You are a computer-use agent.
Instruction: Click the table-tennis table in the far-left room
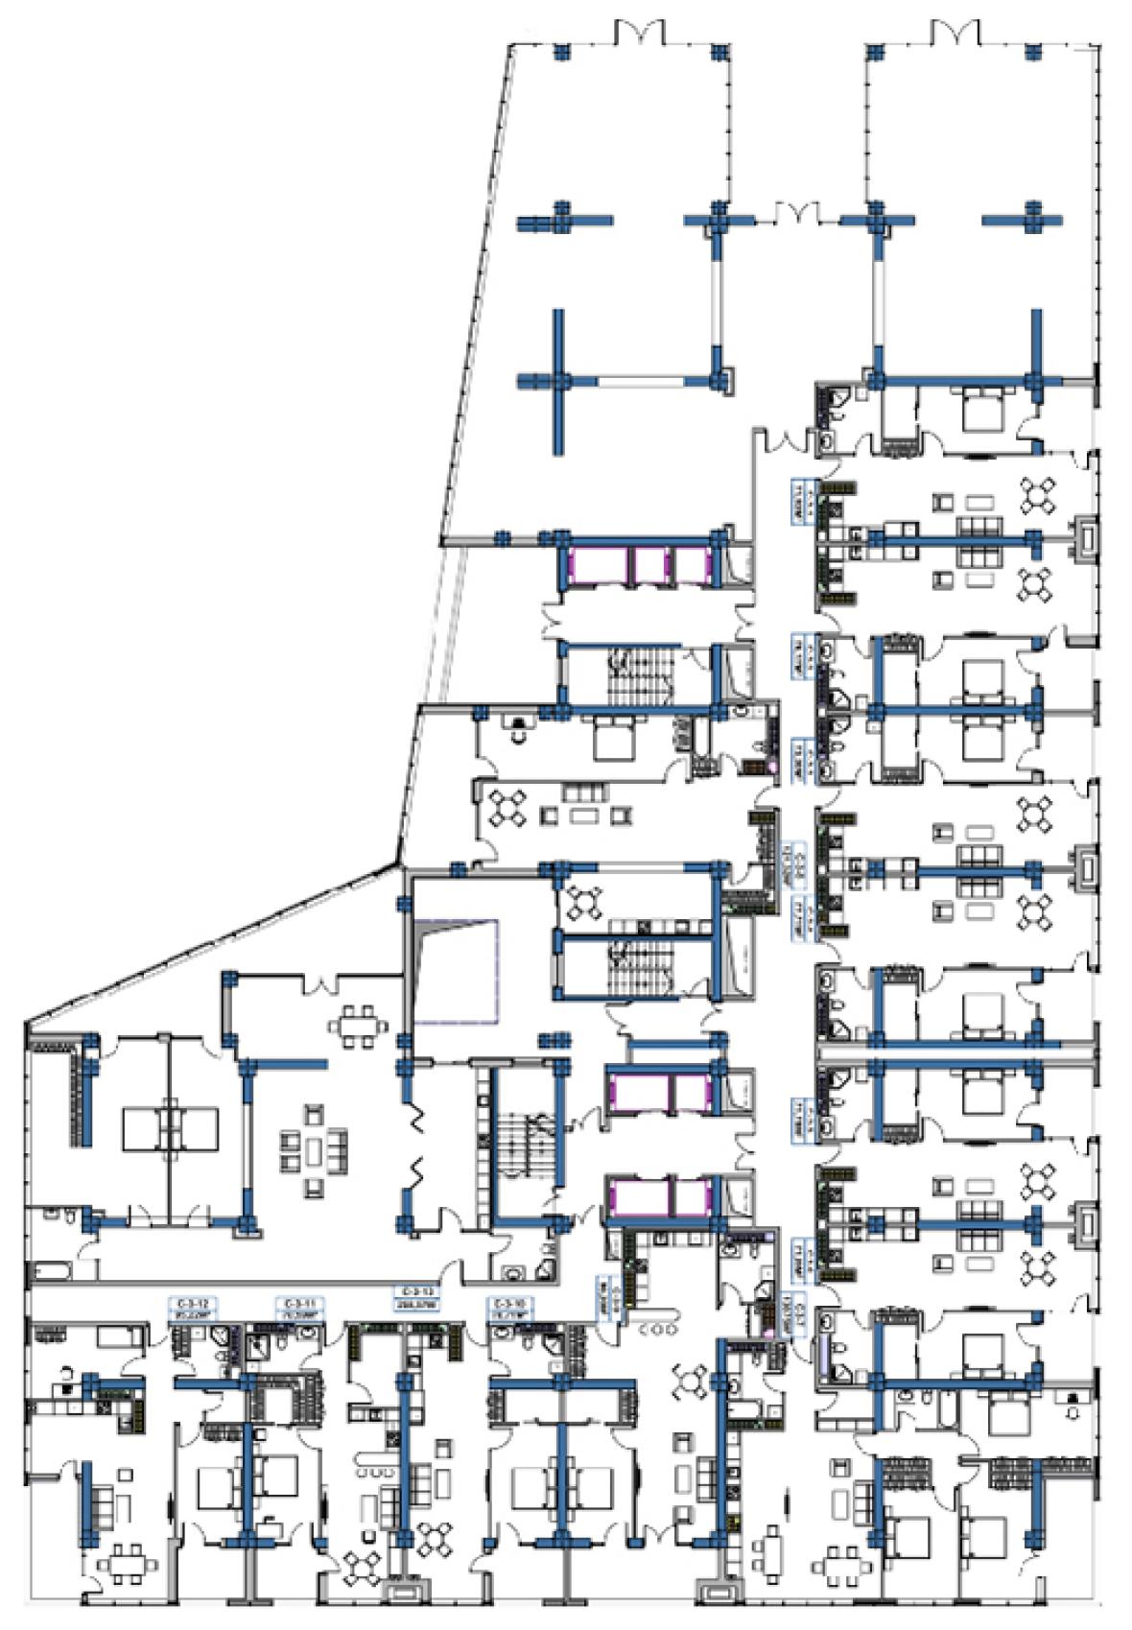coord(171,1122)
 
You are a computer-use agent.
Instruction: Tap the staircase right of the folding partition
coord(522,1149)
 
